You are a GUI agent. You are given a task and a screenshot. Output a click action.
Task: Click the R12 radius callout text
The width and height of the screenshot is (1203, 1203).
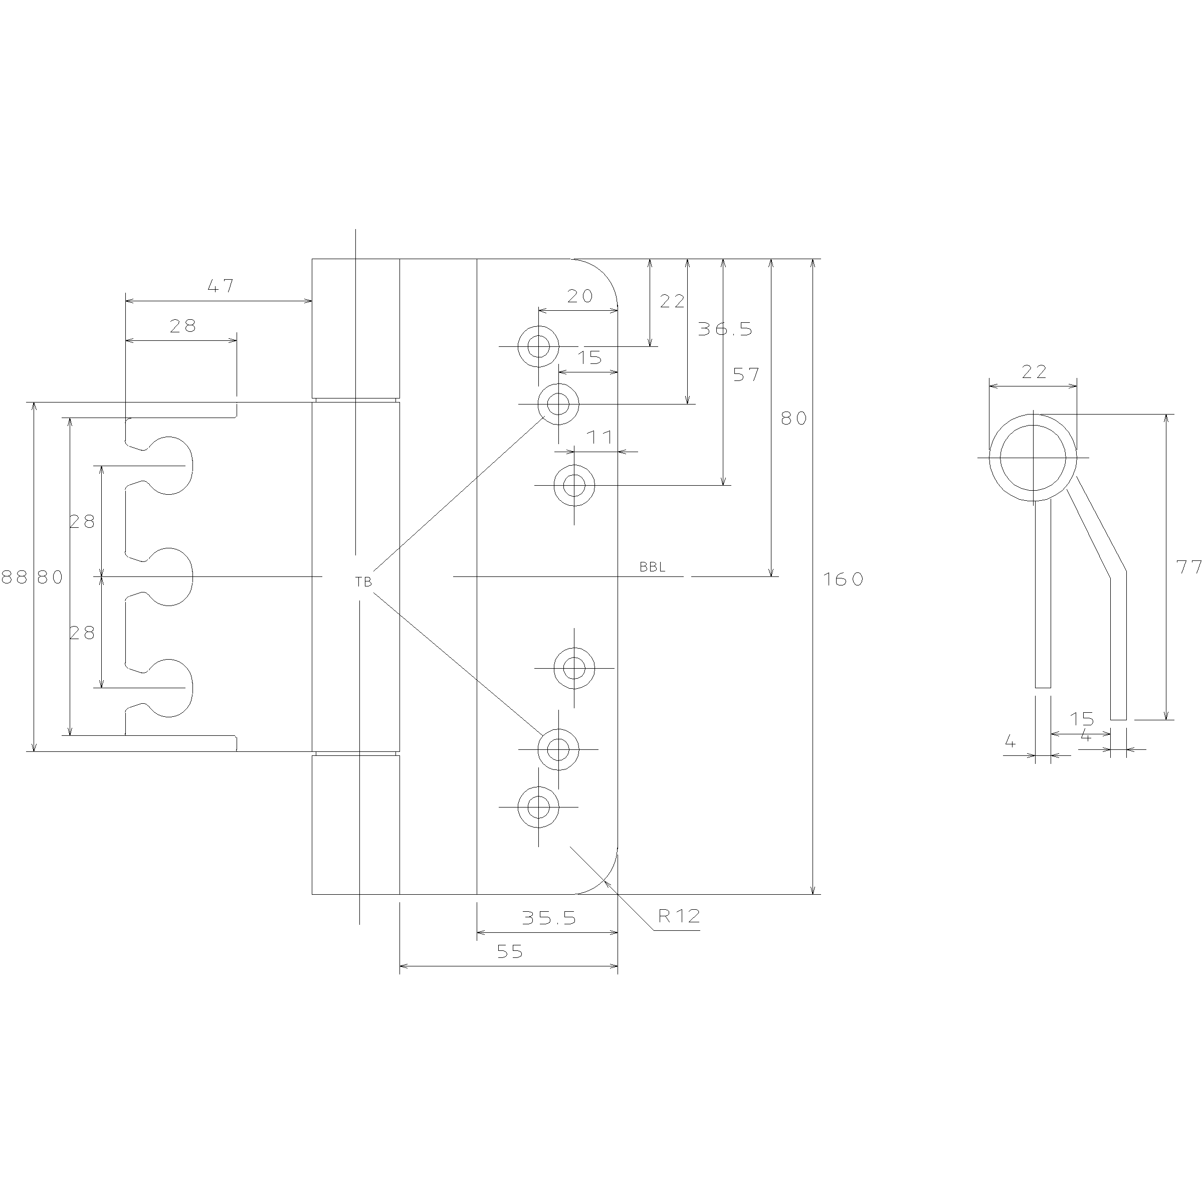point(679,915)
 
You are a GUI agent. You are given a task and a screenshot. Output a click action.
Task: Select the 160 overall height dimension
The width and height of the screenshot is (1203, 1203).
point(844,579)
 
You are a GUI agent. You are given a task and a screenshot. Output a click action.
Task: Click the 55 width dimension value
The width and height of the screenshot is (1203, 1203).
point(509,951)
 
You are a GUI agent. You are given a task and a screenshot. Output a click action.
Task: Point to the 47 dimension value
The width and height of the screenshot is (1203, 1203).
point(221,286)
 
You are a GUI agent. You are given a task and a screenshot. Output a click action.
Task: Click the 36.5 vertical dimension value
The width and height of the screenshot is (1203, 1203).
point(725,329)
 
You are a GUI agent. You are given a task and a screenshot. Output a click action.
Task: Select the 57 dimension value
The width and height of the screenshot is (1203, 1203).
point(746,374)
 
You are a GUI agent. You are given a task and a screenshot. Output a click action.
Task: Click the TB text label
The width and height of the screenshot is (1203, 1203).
point(363,582)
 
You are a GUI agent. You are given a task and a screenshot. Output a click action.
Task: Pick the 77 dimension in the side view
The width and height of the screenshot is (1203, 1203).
point(1188,566)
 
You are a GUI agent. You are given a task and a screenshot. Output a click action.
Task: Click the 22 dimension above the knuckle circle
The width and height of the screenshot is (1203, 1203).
point(1034,372)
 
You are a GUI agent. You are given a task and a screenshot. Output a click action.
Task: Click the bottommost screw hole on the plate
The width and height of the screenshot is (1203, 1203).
point(538,807)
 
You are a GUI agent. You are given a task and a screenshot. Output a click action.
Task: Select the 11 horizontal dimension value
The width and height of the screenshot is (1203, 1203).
point(600,437)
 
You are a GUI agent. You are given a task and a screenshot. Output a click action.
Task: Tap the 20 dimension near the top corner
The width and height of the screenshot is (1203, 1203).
point(580,296)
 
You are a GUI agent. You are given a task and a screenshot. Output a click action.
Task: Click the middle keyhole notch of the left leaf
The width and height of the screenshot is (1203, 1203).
point(168,576)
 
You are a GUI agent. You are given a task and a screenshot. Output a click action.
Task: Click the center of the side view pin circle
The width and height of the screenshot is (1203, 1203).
point(1033,458)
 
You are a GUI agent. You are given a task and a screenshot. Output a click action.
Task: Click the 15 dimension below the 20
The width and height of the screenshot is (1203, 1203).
point(589,357)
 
